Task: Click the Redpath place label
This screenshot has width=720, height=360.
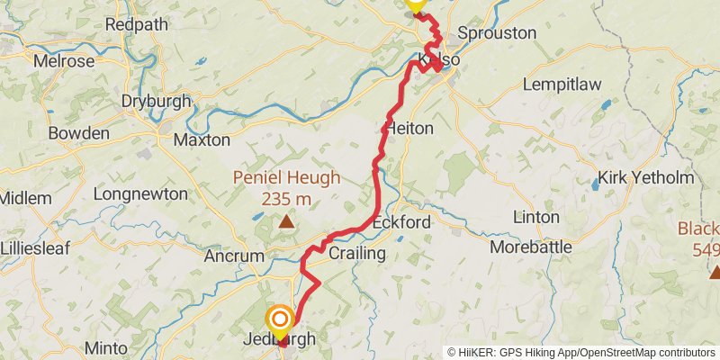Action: point(136,24)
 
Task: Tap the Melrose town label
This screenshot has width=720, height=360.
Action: point(63,62)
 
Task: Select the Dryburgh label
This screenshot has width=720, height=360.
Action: point(156,101)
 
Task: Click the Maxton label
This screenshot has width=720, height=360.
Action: point(202,140)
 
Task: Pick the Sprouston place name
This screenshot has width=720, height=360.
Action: point(496,33)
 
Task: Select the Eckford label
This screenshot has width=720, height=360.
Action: point(401,221)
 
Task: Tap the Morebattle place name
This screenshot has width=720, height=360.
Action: point(532,246)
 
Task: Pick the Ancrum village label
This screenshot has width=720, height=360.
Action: point(233,256)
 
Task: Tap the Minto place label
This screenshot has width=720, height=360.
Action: point(107,347)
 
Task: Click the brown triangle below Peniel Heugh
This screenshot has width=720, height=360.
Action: point(285,220)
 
